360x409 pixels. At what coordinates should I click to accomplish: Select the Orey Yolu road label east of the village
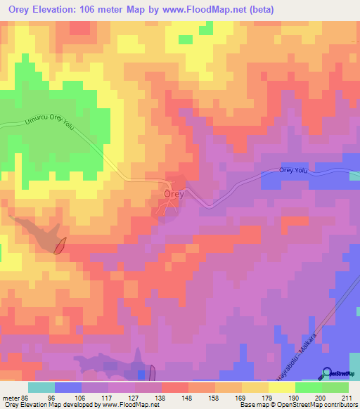point(294,169)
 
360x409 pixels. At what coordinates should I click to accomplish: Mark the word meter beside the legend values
point(11,397)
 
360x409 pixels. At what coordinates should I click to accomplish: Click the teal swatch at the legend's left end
point(41,387)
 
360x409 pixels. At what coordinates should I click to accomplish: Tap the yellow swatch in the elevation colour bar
point(282,387)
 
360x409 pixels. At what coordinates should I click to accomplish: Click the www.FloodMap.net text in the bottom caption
point(129,405)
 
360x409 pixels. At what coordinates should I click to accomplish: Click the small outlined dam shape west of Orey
point(60,246)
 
